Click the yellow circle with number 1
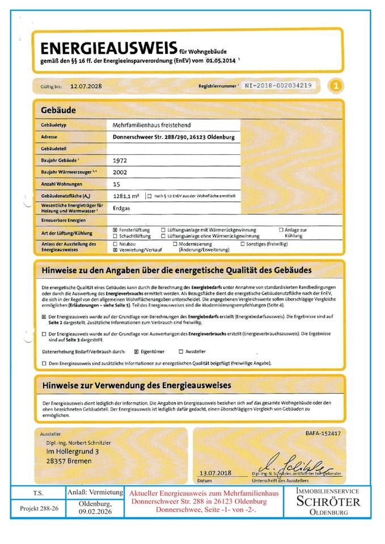336,86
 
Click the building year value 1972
120,160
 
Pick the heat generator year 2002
120,172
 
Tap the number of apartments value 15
116,184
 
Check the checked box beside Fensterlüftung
115,229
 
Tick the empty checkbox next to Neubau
115,243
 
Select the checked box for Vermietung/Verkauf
115,249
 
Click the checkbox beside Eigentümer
136,351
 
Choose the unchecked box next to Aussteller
181,351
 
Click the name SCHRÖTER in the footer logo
329,501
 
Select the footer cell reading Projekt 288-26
39,508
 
